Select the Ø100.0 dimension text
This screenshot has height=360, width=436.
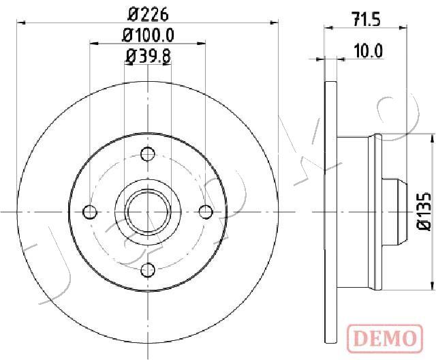point(148,35)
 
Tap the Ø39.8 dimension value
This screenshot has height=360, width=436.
point(148,56)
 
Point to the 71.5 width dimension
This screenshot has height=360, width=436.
point(366,20)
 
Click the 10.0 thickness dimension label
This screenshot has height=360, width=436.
point(369,51)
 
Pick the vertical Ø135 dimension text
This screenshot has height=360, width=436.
point(424,211)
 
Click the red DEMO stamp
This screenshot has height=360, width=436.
point(385,337)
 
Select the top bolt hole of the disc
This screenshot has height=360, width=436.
point(148,154)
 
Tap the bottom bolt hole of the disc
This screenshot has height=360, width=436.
point(148,269)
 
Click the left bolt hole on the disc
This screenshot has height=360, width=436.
point(90,212)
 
